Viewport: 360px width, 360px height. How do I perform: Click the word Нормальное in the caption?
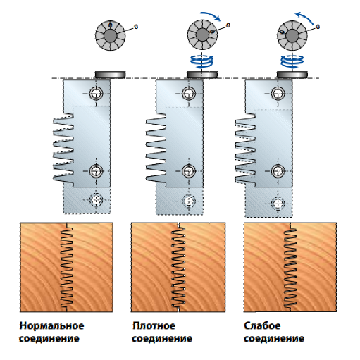click(x=51, y=325)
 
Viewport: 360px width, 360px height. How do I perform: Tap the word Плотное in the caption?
click(x=154, y=325)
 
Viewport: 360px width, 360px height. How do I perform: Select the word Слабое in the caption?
click(x=262, y=325)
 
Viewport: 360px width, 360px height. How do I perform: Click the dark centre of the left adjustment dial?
click(x=110, y=36)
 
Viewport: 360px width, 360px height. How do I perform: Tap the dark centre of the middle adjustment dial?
click(x=202, y=35)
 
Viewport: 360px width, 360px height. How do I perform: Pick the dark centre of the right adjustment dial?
click(x=292, y=36)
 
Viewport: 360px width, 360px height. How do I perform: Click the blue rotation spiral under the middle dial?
click(x=202, y=61)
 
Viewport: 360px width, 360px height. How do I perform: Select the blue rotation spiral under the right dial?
click(x=292, y=61)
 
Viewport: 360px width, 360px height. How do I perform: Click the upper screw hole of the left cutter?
click(x=96, y=94)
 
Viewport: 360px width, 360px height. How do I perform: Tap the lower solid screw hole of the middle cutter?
click(x=189, y=171)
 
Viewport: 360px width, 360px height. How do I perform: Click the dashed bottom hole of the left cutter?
click(x=96, y=200)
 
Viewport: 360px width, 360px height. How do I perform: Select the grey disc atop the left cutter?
click(x=110, y=75)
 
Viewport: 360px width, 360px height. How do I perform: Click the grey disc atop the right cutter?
click(x=292, y=75)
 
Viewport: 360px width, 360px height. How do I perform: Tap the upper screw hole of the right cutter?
click(x=278, y=94)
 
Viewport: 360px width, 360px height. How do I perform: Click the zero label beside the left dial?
click(x=136, y=27)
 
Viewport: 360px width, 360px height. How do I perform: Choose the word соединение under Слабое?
click(x=274, y=339)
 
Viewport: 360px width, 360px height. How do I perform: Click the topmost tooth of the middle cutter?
click(x=156, y=118)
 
